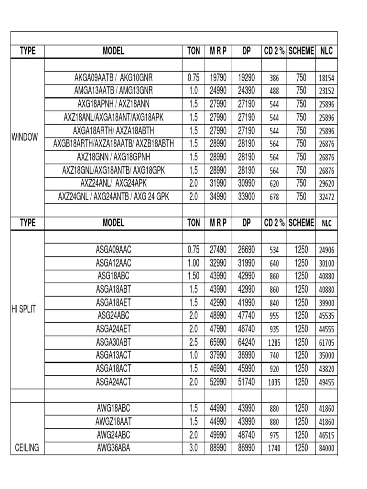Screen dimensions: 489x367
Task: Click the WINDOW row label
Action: [25, 138]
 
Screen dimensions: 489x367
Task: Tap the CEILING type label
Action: [27, 448]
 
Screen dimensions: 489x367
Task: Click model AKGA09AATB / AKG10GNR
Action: [114, 77]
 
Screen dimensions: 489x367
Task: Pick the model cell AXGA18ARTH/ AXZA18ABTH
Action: [114, 130]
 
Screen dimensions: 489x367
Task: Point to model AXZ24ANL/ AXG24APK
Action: [114, 183]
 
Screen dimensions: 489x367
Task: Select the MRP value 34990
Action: [218, 196]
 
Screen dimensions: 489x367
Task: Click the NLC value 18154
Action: [327, 78]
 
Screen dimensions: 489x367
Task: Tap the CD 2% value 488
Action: [274, 91]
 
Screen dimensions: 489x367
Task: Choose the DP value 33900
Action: [247, 196]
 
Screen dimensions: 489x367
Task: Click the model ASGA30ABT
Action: [114, 342]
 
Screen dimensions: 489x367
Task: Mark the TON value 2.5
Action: [194, 342]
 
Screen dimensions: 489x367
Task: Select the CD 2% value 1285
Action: [274, 342]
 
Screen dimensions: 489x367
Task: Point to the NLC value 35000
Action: [327, 356]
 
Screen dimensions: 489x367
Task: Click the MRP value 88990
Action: [218, 448]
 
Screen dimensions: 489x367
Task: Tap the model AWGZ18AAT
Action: [114, 422]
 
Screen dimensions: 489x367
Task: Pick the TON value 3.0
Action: [194, 448]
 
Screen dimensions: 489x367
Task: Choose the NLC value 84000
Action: [327, 448]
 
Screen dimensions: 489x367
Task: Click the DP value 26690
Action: [247, 249]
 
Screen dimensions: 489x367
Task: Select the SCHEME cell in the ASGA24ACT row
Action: [301, 382]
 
